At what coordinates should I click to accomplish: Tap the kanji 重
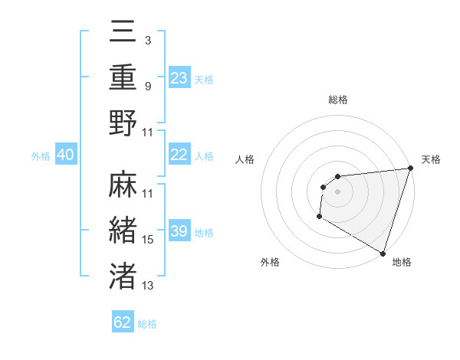123,78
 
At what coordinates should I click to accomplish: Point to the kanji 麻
123,185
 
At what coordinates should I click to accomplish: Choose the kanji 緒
123,231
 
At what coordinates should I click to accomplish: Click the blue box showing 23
179,78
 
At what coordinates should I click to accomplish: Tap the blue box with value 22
179,155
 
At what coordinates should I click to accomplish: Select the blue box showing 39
179,231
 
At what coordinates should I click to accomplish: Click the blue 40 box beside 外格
65,155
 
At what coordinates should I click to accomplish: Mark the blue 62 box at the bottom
123,322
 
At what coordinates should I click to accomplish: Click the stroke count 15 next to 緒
148,240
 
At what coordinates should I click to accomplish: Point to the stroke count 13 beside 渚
148,286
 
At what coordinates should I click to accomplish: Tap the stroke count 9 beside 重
148,86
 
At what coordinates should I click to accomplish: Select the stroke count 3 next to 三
148,40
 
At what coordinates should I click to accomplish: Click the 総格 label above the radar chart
338,100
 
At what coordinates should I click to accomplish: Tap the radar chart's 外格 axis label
270,262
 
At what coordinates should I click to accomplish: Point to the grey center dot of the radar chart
337,191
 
